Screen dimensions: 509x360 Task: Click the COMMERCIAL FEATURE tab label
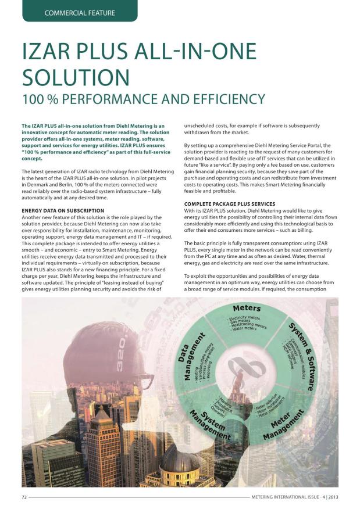click(80, 12)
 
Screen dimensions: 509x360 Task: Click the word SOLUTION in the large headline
click(76, 77)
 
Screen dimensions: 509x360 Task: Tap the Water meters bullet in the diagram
click(243, 329)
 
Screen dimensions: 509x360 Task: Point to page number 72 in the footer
click(25, 497)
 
